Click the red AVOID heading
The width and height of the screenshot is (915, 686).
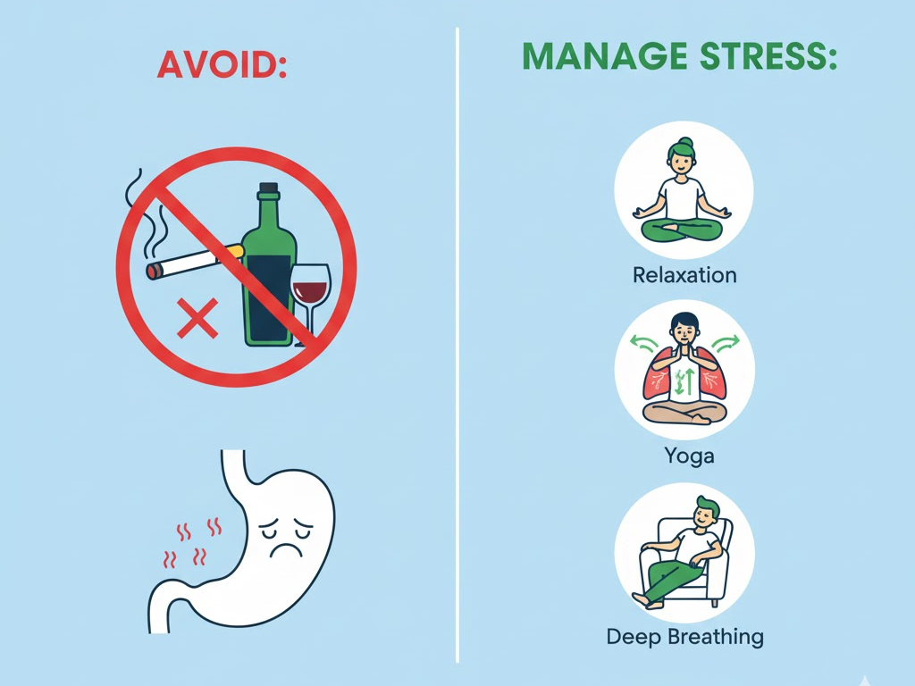(222, 64)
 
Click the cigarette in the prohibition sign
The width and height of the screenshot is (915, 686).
(194, 261)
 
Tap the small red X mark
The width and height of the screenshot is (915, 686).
(197, 318)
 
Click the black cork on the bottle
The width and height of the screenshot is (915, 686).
(268, 188)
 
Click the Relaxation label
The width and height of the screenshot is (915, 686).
(684, 275)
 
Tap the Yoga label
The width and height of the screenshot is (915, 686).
(689, 456)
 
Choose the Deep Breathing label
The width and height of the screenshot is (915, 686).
(684, 636)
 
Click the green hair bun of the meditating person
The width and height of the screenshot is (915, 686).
(685, 143)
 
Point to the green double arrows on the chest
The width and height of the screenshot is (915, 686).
(684, 381)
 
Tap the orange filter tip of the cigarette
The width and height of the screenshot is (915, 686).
(235, 251)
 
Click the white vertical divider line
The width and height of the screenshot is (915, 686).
(457, 345)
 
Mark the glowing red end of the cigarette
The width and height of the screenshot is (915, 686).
(153, 272)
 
